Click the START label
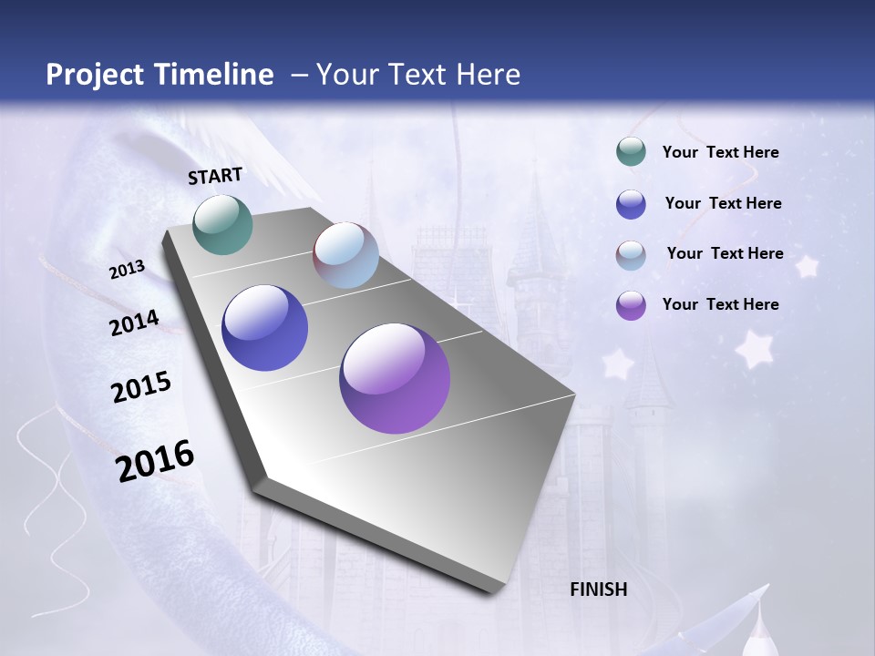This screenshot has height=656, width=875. [x=215, y=176]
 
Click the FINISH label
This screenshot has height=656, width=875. [x=599, y=589]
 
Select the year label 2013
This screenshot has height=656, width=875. [x=127, y=270]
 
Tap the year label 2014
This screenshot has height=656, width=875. [x=134, y=323]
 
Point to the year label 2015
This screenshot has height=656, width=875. [x=141, y=386]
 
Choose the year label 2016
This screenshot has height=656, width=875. [x=155, y=460]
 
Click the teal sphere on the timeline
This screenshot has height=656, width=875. [x=222, y=224]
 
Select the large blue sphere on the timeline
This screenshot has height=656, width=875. [x=264, y=328]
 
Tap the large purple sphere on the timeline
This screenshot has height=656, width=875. [x=395, y=378]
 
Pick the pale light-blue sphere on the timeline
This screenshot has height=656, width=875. [x=345, y=255]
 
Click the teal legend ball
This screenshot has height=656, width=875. [x=631, y=151]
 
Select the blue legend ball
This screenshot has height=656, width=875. [x=631, y=204]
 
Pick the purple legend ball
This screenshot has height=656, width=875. [x=631, y=305]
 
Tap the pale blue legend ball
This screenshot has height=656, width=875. [x=631, y=255]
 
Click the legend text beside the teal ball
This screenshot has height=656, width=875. [x=720, y=152]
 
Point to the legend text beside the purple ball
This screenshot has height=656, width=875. [x=720, y=304]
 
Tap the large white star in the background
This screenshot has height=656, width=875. [x=754, y=349]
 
